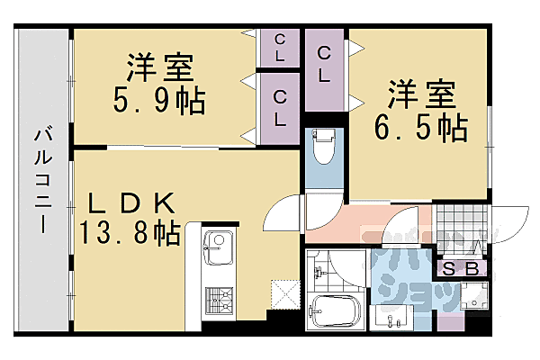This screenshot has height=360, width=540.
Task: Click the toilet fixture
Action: (323, 147)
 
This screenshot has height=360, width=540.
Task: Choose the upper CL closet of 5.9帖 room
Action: (281, 47)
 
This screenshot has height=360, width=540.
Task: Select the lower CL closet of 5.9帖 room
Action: (281, 106)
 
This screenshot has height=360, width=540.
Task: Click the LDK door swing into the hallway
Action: (284, 216)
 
